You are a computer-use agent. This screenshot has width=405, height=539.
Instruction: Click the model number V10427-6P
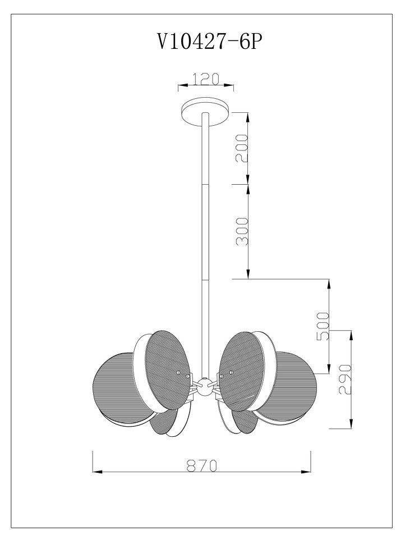tap(208, 42)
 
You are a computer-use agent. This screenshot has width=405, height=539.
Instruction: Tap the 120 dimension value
tap(205, 79)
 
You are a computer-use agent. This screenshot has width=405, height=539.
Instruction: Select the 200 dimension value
tap(242, 148)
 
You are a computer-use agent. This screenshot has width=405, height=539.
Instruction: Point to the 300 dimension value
tap(242, 231)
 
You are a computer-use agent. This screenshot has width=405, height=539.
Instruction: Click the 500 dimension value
tap(323, 326)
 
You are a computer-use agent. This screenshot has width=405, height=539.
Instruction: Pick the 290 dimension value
tap(345, 380)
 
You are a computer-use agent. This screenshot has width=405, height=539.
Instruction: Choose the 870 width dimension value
tap(202, 466)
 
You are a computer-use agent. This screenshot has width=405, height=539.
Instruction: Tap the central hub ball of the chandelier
tap(205, 387)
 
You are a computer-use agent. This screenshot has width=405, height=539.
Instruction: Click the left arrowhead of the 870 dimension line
tap(98, 472)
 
